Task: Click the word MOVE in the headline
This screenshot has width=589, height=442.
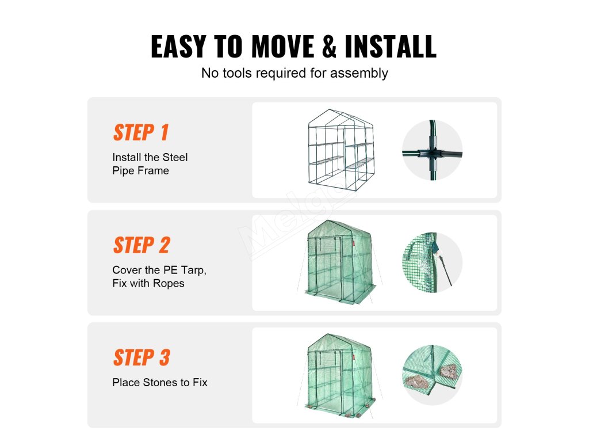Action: point(283,46)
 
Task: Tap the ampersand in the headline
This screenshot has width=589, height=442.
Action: point(330,46)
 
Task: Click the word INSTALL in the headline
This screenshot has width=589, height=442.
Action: point(391,46)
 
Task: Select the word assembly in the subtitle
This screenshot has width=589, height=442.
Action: point(359,73)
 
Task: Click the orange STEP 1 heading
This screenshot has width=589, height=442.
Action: point(141,132)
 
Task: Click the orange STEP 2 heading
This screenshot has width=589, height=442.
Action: point(141,245)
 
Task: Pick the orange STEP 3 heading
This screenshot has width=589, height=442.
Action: point(141,357)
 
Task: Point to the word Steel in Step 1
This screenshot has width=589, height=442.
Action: point(175,157)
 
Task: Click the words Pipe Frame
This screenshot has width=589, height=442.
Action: point(140,170)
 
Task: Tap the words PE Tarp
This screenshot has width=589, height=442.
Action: point(185,270)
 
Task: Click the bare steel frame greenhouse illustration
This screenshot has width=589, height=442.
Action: point(341,150)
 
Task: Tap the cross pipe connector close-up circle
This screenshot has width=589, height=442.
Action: point(432,150)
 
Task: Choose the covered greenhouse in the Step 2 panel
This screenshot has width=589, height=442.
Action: point(340,262)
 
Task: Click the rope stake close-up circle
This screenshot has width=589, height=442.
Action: point(432,262)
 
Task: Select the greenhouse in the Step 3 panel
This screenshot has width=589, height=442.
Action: point(340,375)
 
